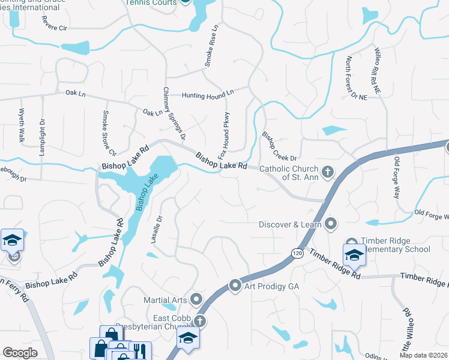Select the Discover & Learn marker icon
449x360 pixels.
coord(330,225)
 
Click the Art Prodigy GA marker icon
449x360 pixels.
coord(235,286)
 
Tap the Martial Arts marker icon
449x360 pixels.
coord(196,299)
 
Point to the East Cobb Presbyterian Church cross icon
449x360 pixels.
coord(199,322)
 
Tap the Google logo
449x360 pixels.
coord(20,353)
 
